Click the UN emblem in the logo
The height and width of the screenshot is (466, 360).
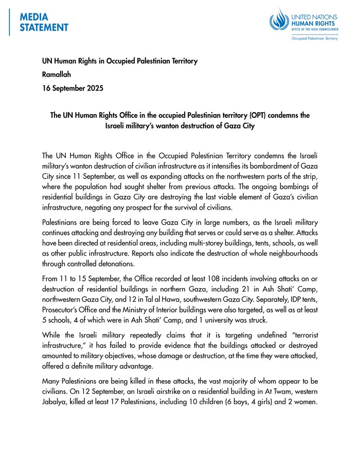[x=279, y=22]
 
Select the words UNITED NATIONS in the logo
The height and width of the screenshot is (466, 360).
[x=315, y=17]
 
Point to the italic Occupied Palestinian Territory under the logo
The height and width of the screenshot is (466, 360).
[x=314, y=38]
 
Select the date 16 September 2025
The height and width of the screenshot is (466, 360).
[x=73, y=88]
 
